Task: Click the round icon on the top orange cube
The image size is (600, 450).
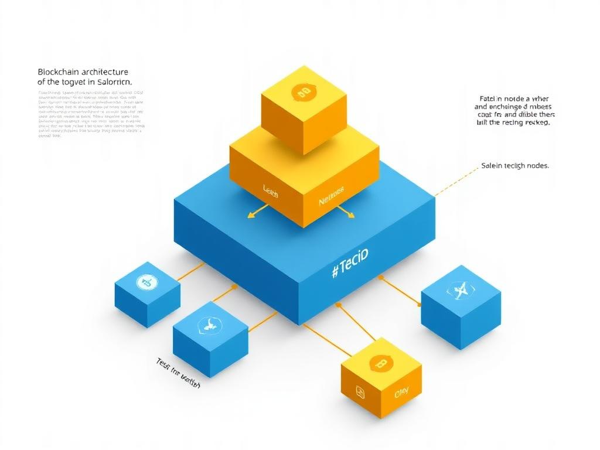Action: click(304, 91)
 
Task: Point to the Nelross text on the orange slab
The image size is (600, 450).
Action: click(331, 201)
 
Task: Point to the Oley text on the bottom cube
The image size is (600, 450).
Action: click(402, 393)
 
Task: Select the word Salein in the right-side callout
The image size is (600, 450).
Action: click(492, 166)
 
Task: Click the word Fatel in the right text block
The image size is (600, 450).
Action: click(488, 99)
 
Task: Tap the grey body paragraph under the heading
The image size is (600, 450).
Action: click(91, 114)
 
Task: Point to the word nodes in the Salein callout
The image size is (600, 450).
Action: click(536, 166)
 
